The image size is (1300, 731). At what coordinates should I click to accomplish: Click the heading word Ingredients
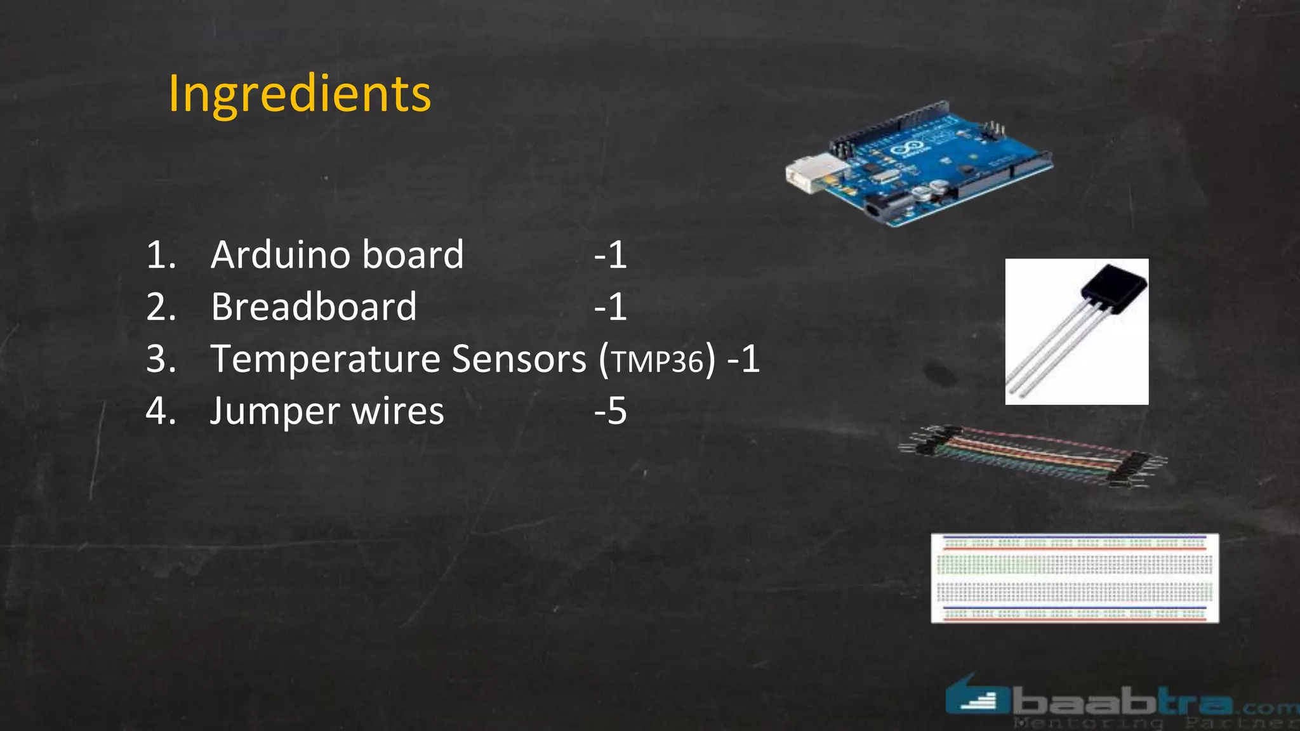(x=300, y=94)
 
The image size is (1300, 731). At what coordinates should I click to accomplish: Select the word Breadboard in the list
(x=314, y=306)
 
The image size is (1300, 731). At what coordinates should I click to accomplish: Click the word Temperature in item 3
(x=326, y=359)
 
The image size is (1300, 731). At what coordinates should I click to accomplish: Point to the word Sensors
(x=519, y=359)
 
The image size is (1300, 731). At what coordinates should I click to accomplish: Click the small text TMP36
(x=658, y=362)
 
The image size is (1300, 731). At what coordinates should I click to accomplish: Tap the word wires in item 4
(x=398, y=411)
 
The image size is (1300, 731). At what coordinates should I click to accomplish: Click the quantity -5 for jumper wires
(x=611, y=411)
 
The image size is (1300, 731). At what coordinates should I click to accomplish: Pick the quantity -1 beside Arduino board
(x=611, y=255)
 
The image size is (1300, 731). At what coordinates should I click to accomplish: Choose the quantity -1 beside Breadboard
(x=611, y=307)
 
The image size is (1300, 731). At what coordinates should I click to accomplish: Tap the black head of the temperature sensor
(x=1115, y=289)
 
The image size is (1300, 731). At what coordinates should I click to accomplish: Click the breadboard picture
(x=1075, y=578)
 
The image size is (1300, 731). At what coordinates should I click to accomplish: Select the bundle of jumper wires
(x=1032, y=455)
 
